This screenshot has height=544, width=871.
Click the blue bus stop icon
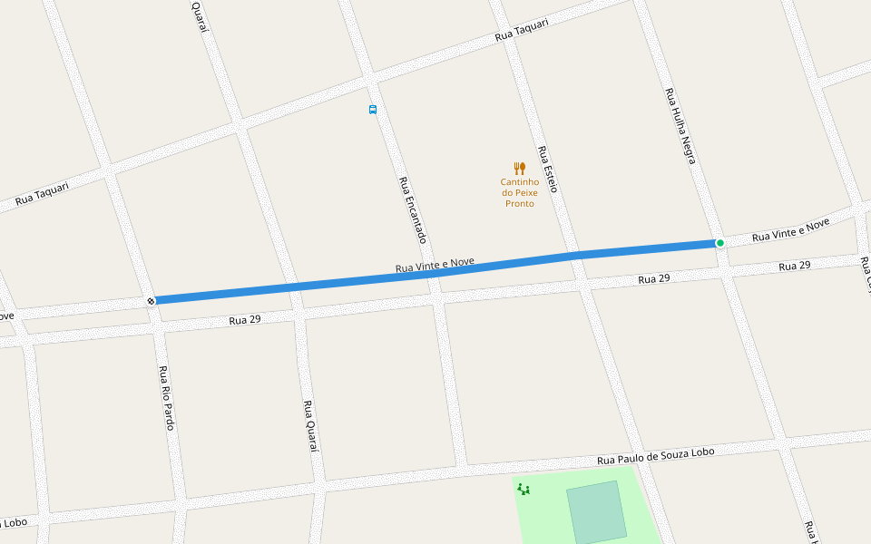tap(373, 110)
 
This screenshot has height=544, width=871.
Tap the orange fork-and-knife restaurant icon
tap(519, 169)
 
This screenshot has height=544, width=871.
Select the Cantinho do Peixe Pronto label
tap(519, 192)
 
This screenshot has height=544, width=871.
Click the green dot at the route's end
tap(719, 243)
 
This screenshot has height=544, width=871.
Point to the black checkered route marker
tap(151, 301)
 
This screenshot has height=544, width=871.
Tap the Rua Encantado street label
tap(412, 209)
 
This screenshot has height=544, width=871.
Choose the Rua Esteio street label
tap(547, 169)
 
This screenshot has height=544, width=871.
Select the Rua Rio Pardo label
tap(166, 397)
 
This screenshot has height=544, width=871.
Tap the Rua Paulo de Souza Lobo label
tap(656, 456)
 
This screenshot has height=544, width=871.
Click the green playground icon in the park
tap(524, 490)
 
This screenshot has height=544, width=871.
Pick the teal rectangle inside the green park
tap(596, 511)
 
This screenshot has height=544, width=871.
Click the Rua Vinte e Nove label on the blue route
tap(435, 266)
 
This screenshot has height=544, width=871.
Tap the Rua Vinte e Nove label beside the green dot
tap(791, 230)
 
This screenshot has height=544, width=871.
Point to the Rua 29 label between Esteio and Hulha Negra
tap(654, 279)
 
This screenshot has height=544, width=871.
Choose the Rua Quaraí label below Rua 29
tap(309, 426)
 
